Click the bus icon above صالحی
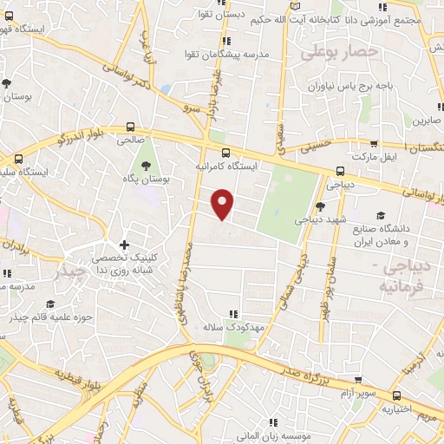coord(131,126)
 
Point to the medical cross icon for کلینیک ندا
coord(126,245)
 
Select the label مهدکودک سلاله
coord(232,328)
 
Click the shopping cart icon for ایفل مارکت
coord(374,146)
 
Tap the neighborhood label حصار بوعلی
coord(339,53)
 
